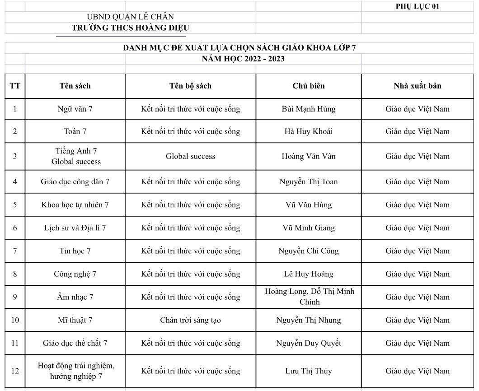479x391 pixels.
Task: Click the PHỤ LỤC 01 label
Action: [x=417, y=6]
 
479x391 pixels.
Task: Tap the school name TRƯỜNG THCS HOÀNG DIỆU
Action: [x=130, y=28]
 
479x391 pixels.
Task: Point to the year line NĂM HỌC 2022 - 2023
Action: [x=243, y=59]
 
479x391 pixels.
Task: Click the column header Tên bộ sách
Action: [x=190, y=86]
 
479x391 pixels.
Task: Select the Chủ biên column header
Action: [x=309, y=86]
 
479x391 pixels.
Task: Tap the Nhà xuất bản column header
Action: [x=418, y=86]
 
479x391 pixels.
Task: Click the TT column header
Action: [x=15, y=86]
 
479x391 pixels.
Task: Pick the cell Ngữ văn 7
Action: [x=75, y=109]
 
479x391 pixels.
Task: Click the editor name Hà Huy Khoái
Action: [x=309, y=131]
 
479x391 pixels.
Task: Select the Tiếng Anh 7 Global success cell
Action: [x=75, y=156]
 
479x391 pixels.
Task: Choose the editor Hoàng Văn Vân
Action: [x=309, y=156]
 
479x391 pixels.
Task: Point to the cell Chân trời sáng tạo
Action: [x=190, y=320]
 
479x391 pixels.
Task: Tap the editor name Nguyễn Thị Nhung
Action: [x=309, y=320]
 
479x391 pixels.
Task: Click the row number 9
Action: [x=15, y=297]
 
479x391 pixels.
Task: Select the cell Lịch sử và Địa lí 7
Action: [x=75, y=228]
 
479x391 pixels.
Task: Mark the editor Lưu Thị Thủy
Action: [x=309, y=371]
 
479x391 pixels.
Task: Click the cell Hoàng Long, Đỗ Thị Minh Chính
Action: [x=309, y=297]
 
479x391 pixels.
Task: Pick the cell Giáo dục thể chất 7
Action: [x=75, y=343]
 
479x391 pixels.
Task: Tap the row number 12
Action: [x=15, y=371]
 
